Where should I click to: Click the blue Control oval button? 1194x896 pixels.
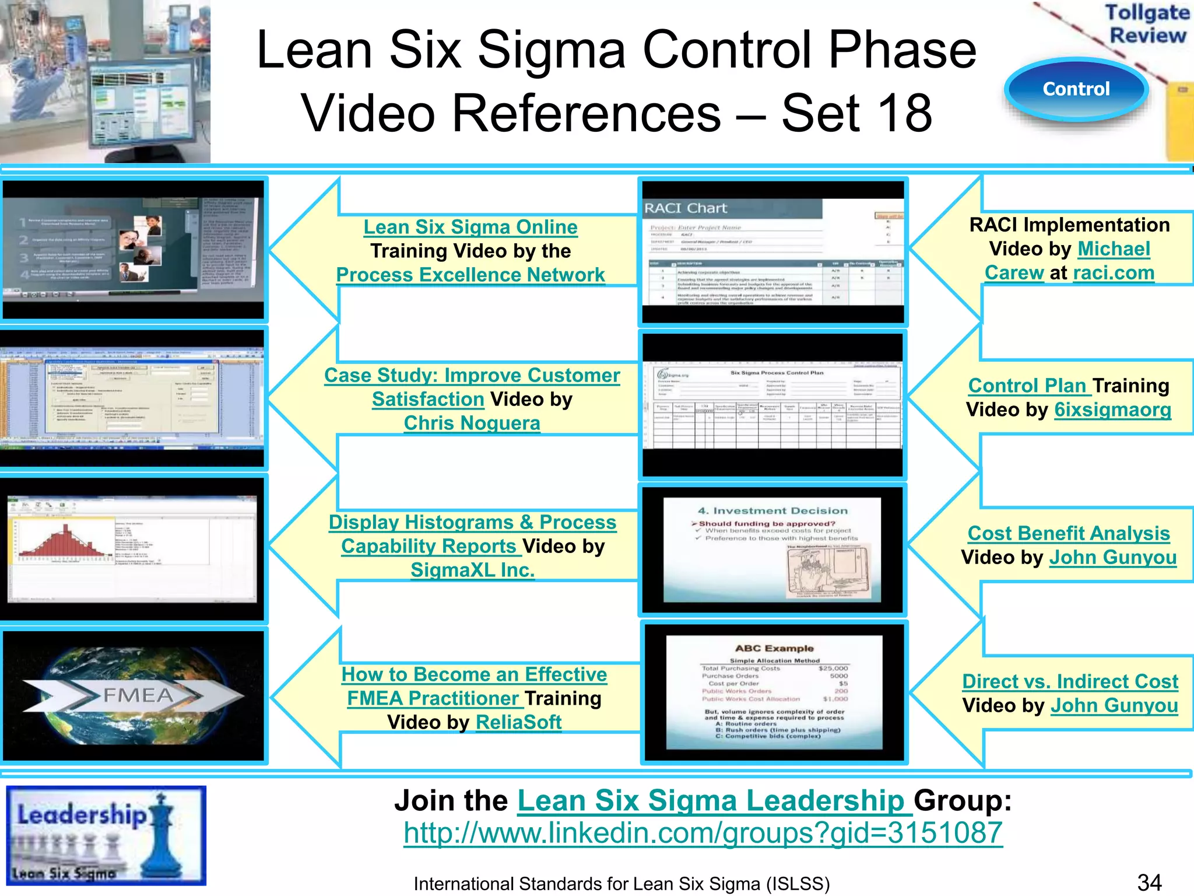pyautogui.click(x=1076, y=89)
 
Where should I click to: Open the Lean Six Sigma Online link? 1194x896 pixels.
pyautogui.click(x=470, y=227)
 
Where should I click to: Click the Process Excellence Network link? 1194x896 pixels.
pyautogui.click(x=470, y=275)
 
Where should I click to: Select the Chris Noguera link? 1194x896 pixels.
pyautogui.click(x=472, y=423)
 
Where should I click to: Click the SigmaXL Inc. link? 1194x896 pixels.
pyautogui.click(x=473, y=570)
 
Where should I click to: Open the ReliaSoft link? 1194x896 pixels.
pyautogui.click(x=519, y=722)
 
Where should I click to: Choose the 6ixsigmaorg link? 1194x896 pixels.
pyautogui.click(x=1113, y=409)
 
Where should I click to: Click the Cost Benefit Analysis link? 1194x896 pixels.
pyautogui.click(x=1069, y=533)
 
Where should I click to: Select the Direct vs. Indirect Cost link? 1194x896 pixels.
pyautogui.click(x=1070, y=681)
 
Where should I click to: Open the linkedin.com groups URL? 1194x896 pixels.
pyautogui.click(x=703, y=833)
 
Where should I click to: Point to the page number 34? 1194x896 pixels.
pyautogui.click(x=1149, y=882)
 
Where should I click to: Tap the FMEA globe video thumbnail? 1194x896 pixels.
pyautogui.click(x=134, y=695)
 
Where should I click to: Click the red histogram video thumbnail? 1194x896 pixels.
pyautogui.click(x=134, y=548)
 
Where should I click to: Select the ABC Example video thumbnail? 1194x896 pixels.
pyautogui.click(x=774, y=692)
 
